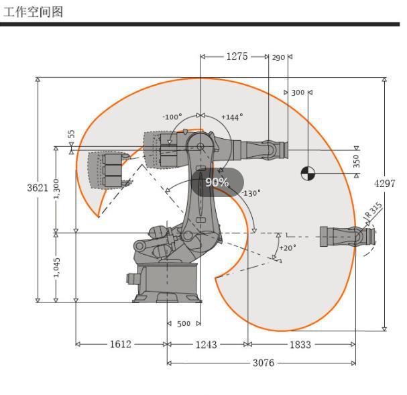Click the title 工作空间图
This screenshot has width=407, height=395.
coord(34,11)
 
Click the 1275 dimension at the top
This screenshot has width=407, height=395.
coord(236,56)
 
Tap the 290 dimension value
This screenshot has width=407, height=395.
coord(279,57)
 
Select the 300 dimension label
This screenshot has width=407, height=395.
coord(298,93)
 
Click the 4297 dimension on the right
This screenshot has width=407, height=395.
coord(385,184)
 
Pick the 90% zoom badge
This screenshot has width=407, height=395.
coord(217,182)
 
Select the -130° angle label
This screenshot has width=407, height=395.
coord(251,193)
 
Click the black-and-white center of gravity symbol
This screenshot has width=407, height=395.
coord(308,173)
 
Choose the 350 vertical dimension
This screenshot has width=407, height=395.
coord(357,161)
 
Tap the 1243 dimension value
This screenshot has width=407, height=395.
coord(206,344)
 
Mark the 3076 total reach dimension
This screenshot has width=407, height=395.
coord(262,363)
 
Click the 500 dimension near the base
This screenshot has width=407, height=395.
coord(184,324)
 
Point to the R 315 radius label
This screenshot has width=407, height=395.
coord(373,211)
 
